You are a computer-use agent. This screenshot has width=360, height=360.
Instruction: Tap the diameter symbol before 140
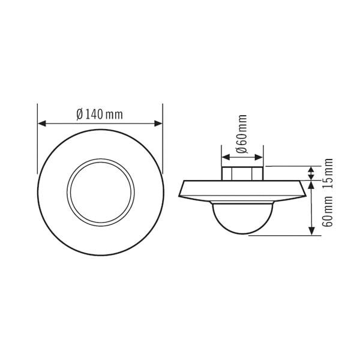[79, 115]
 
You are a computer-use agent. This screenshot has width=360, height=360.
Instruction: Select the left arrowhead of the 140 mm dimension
[41, 124]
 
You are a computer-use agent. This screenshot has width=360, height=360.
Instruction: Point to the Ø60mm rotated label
[242, 136]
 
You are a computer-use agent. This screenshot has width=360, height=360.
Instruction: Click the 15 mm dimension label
[328, 173]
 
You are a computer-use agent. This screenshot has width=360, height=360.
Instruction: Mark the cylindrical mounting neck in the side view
[242, 173]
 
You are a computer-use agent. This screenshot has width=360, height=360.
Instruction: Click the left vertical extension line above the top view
[38, 117]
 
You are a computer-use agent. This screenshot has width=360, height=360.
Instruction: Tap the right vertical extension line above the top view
[163, 117]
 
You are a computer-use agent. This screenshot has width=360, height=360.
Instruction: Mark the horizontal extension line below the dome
[282, 235]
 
